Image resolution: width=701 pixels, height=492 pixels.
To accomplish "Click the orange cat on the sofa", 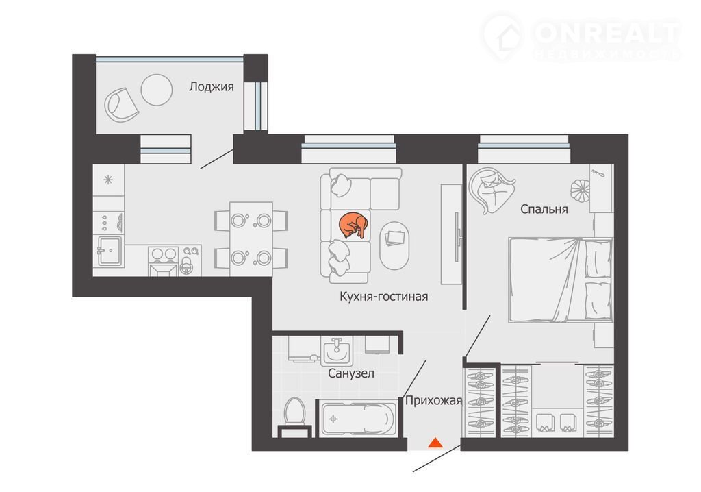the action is (354, 225).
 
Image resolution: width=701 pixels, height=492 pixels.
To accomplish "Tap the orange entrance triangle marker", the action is (435, 443).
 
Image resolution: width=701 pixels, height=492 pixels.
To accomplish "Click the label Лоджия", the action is (212, 87).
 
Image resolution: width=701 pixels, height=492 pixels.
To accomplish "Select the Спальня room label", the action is (544, 209).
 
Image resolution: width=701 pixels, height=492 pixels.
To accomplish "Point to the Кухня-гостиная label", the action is (383, 296).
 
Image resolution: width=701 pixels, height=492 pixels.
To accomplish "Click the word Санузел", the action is (351, 373).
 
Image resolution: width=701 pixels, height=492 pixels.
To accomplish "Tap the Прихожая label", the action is (433, 400).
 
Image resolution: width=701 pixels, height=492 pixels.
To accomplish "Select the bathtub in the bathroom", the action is (359, 419).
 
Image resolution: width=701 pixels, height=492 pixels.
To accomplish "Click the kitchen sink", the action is (109, 251).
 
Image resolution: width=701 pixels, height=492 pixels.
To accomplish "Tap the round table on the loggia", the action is (157, 90).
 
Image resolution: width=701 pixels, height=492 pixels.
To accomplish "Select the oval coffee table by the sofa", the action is (394, 245).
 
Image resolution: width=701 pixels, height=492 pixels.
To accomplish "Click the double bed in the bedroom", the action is (560, 280).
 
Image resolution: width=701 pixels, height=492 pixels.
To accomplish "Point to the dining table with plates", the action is (251, 239).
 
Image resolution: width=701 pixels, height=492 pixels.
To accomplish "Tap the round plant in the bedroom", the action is (580, 190).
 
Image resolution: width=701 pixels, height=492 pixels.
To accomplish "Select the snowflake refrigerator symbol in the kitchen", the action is (108, 180).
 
